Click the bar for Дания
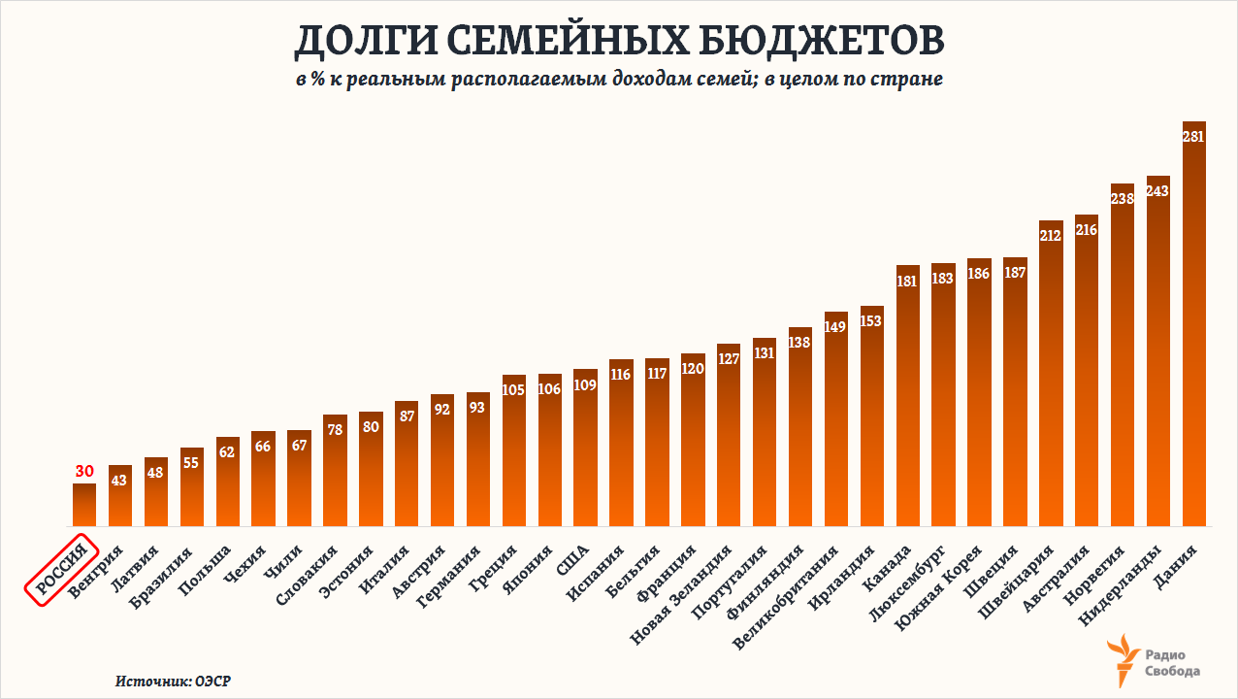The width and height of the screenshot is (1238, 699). (1193, 330)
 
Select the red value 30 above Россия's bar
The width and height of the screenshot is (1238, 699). (84, 472)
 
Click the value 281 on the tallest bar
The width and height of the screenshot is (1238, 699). (1193, 137)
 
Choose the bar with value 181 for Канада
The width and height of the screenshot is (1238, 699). (908, 398)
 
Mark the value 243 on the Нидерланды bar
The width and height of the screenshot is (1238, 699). (1158, 191)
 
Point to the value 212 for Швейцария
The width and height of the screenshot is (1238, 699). (1051, 235)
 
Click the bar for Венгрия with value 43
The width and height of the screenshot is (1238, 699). (120, 500)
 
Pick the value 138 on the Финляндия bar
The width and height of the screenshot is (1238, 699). (800, 343)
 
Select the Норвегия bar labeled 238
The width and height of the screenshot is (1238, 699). (1123, 359)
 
